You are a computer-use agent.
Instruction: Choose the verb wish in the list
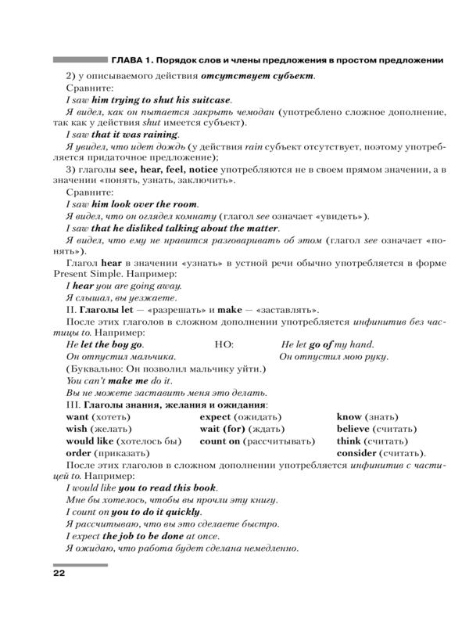click(x=77, y=429)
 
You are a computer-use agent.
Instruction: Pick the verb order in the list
click(x=80, y=453)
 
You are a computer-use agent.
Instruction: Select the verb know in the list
click(x=349, y=417)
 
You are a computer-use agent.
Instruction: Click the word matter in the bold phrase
click(x=257, y=228)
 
